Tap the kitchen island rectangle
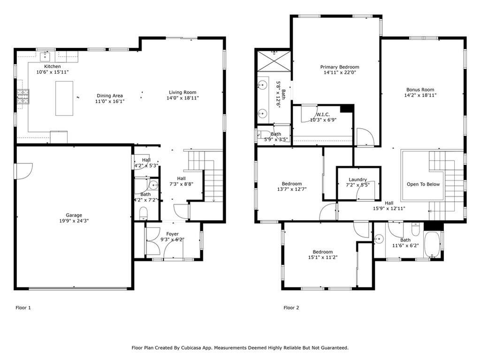pos(64,98)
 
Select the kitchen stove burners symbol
pos(22,97)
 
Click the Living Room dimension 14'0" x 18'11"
pos(183,99)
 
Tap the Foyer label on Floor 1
pos(172,234)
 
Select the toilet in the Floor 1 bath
pos(143,214)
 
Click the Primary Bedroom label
pos(340,67)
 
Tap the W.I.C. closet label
pos(323,114)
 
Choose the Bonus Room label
pos(420,90)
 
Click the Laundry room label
pos(358,179)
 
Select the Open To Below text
pos(423,184)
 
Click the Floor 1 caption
pos(23,308)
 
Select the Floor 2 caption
pos(291,308)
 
